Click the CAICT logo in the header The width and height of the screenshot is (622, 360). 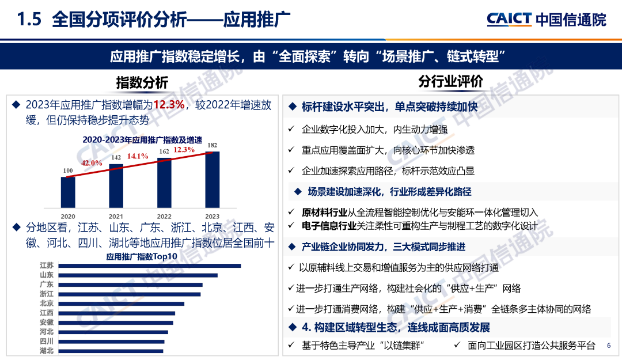click(509, 19)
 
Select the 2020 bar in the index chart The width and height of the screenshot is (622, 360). click(69, 192)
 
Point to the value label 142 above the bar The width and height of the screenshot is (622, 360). click(116, 157)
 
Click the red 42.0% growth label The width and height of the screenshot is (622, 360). click(92, 163)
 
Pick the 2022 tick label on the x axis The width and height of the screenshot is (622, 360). click(164, 210)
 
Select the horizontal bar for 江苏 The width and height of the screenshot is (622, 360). click(150, 266)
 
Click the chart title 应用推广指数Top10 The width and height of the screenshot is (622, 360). click(142, 256)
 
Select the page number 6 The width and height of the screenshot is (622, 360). click(609, 346)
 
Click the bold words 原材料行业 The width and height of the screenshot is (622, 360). click(325, 213)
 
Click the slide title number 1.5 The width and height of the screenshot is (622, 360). click(29, 20)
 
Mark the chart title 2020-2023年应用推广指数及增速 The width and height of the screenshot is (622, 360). click(142, 139)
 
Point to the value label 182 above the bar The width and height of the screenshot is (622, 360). click(213, 145)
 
